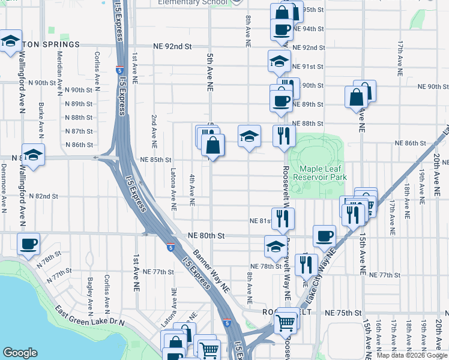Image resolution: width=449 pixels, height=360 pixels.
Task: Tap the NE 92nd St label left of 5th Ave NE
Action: (172, 46)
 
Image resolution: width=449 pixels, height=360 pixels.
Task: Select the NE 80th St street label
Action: (206, 236)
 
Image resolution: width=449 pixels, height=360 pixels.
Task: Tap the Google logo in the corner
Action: (20, 353)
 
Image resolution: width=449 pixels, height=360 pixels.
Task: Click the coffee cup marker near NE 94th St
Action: (281, 29)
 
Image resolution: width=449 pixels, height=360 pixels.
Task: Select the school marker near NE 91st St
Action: (279, 61)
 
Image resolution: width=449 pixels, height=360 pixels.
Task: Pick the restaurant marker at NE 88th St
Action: (284, 136)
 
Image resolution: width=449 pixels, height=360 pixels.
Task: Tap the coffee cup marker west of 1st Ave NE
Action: (28, 244)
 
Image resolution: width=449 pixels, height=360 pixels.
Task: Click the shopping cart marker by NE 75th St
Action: (286, 324)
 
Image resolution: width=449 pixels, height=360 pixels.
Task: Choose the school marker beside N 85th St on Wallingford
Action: (33, 155)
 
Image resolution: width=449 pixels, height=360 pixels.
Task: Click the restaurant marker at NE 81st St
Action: (282, 218)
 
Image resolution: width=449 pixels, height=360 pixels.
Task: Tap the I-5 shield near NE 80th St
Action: (171, 247)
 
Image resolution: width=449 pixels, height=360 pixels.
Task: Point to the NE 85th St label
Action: (155, 160)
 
